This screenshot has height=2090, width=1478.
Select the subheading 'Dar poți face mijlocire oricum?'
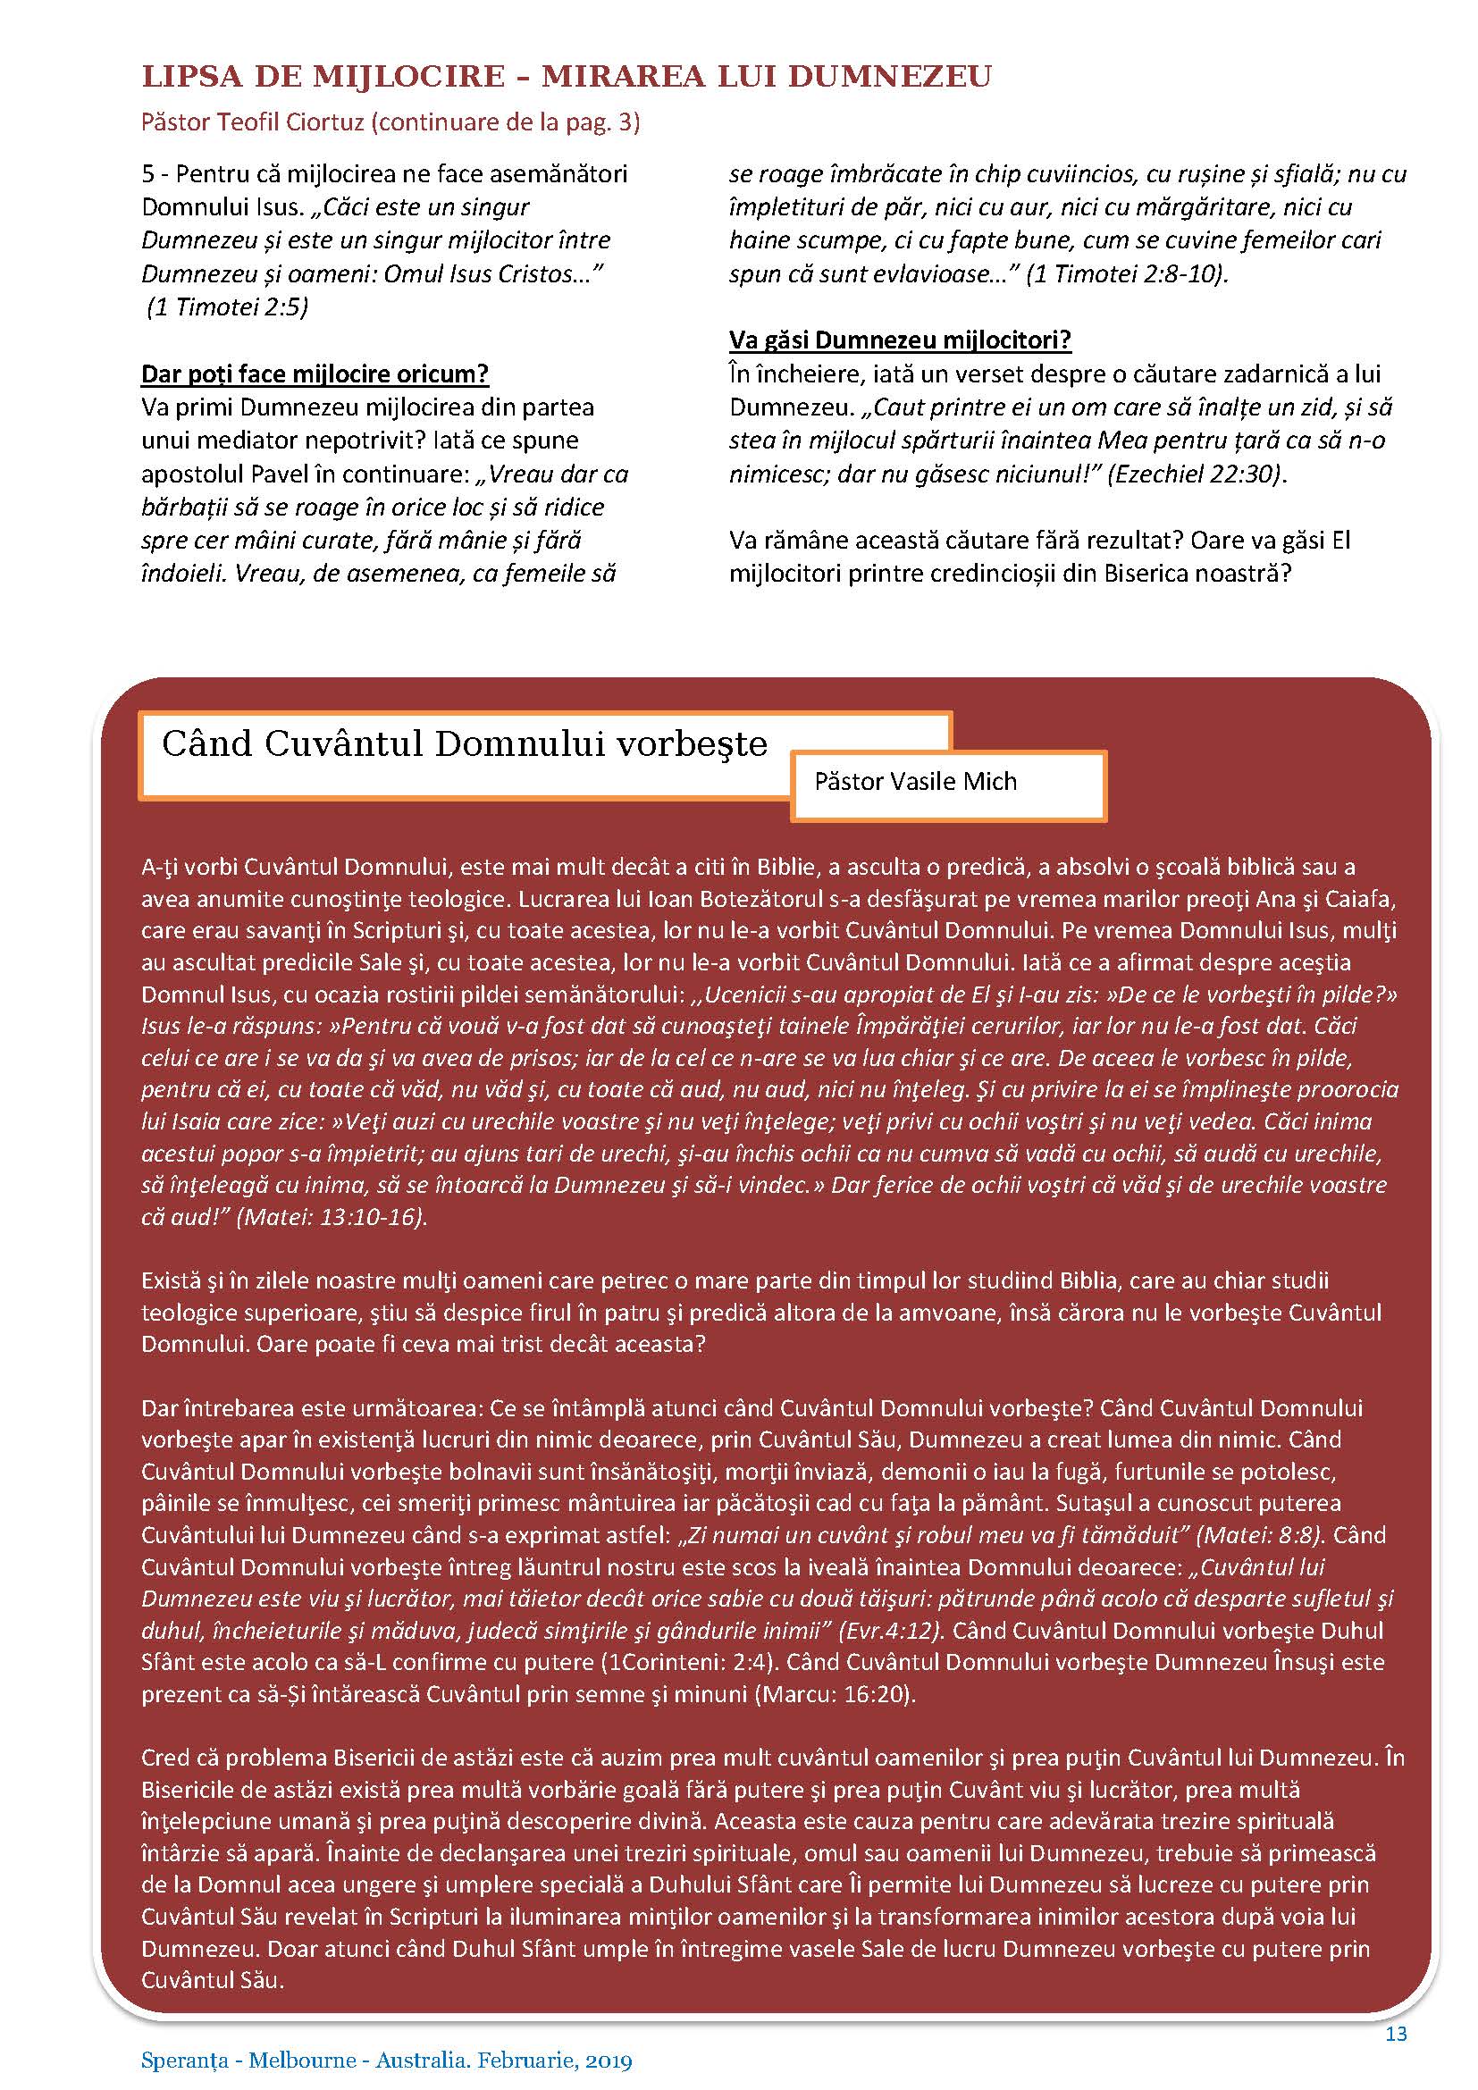coord(315,374)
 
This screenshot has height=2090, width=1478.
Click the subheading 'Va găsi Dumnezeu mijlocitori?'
coord(899,340)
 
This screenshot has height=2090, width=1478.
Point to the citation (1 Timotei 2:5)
coord(229,306)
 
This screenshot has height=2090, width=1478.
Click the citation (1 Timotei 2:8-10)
coord(1127,273)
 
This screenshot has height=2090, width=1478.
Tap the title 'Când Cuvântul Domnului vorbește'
coord(464,743)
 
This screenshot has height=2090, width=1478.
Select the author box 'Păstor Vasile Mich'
coord(916,781)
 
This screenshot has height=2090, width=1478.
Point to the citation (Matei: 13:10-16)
coord(332,1217)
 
